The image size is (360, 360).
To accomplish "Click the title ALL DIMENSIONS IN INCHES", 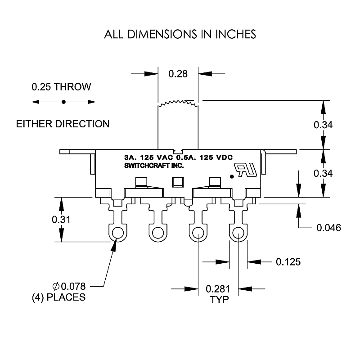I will [x=180, y=34].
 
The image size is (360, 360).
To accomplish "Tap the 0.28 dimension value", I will [x=178, y=73].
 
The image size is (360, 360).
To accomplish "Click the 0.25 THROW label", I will [x=61, y=87].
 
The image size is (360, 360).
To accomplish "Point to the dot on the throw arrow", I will [x=64, y=102].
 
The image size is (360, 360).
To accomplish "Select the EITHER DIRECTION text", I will [x=63, y=124].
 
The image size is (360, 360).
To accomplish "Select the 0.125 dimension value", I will [x=288, y=261].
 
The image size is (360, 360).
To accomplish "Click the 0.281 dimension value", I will [x=219, y=289].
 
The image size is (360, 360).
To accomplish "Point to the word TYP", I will [x=219, y=300].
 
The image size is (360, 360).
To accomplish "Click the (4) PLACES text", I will [x=58, y=297].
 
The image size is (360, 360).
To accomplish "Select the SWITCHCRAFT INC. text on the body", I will [x=148, y=166].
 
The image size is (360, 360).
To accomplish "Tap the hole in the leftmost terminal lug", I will [x=118, y=233].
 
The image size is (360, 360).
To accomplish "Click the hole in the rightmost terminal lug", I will [x=237, y=233].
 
